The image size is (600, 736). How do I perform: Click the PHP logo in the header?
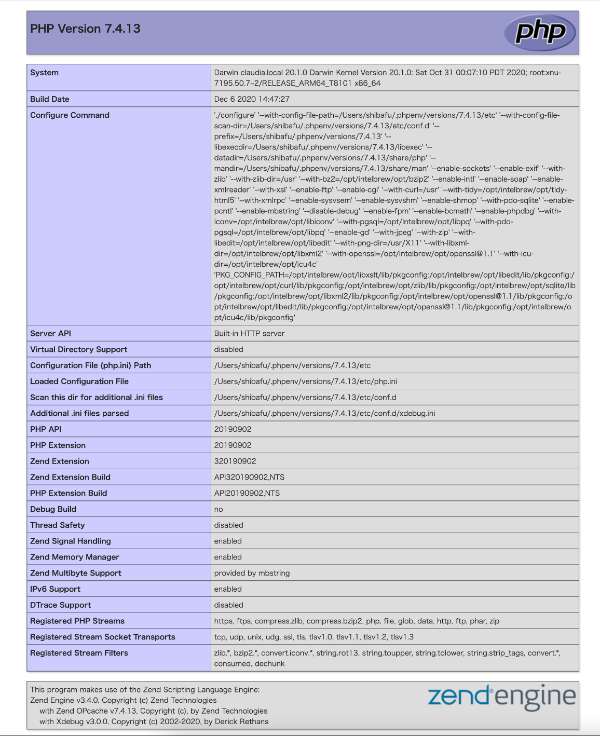point(540,32)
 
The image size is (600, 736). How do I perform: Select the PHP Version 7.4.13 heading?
point(85,29)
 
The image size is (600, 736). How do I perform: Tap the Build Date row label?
point(50,99)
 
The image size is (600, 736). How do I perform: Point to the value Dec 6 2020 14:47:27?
point(252,99)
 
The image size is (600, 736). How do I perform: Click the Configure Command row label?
point(70,115)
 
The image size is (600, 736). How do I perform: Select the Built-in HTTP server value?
point(249,333)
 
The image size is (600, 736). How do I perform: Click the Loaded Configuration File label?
point(79,381)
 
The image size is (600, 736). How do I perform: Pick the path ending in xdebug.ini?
point(324,413)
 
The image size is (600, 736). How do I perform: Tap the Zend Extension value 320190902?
point(235,461)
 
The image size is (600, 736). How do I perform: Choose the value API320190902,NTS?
point(249,477)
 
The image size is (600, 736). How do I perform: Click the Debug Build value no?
point(219,509)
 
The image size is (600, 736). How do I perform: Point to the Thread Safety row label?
point(57,525)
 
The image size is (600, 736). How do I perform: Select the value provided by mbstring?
point(252,573)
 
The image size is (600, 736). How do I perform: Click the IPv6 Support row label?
point(55,589)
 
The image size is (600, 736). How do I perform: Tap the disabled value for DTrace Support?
point(228,605)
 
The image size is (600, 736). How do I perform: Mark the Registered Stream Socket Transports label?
point(103,637)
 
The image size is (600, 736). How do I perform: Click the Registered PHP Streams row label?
point(77,621)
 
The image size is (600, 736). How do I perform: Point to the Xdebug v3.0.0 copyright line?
point(154,721)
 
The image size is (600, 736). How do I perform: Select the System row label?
point(44,73)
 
